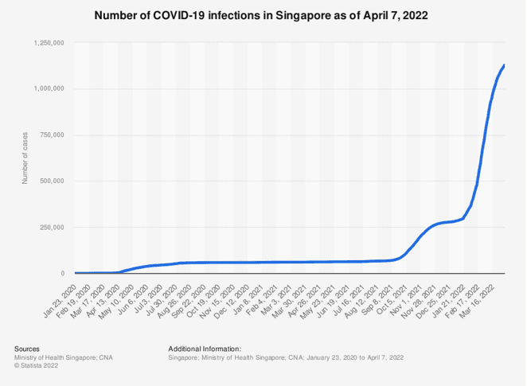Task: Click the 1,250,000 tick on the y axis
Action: pyautogui.click(x=49, y=42)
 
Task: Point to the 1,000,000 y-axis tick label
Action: pyautogui.click(x=49, y=88)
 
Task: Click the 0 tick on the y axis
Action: pyautogui.click(x=64, y=273)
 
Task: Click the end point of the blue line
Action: pyautogui.click(x=504, y=65)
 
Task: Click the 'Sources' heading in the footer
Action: pyautogui.click(x=27, y=349)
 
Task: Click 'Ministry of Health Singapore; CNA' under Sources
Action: pyautogui.click(x=63, y=357)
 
